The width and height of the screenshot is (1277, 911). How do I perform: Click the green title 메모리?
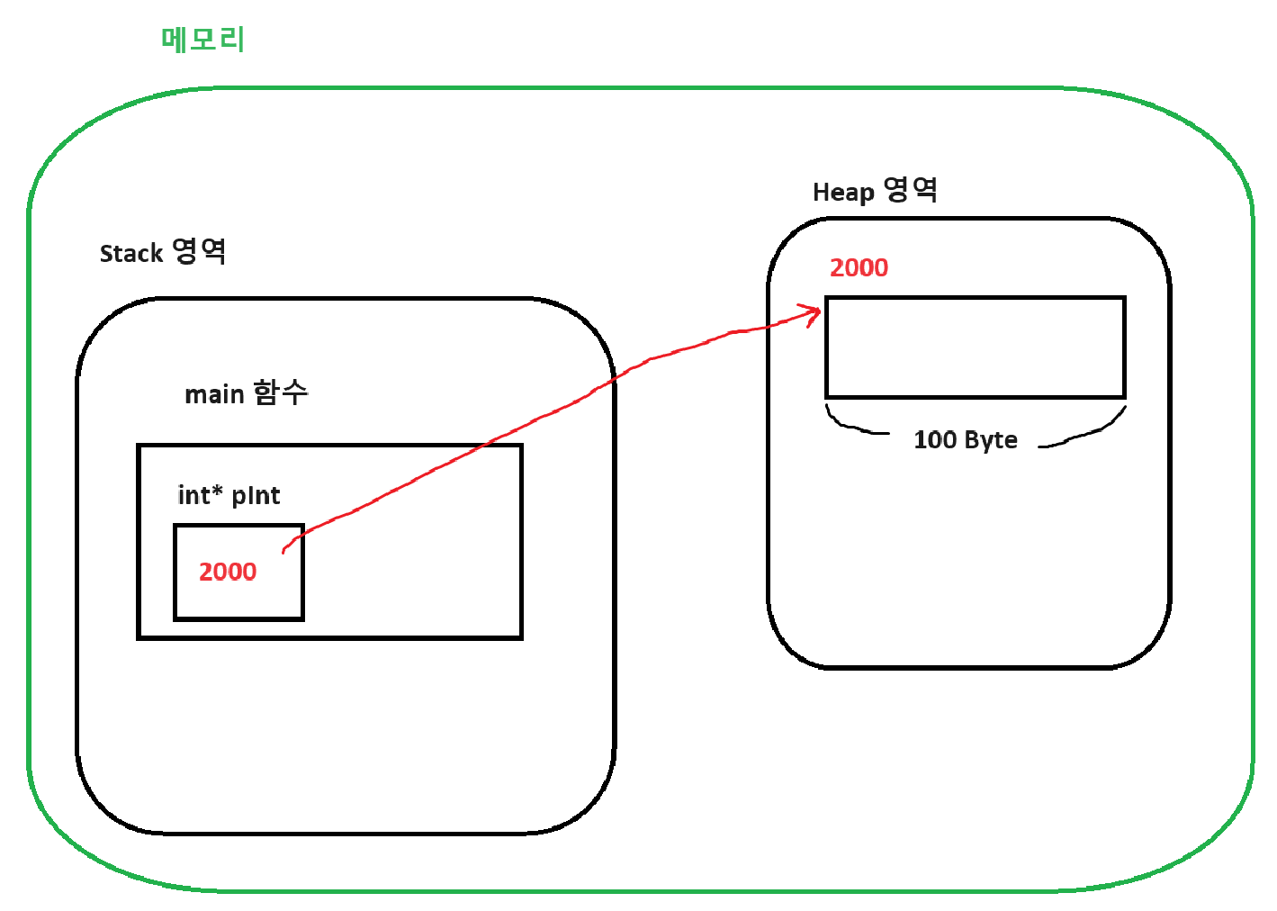click(x=202, y=40)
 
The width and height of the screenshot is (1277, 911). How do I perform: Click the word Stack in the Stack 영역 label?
click(x=130, y=254)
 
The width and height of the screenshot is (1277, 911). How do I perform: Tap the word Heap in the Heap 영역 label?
click(x=843, y=193)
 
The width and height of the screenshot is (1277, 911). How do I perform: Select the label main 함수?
click(x=246, y=393)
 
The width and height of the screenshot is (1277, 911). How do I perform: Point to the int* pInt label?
click(x=229, y=495)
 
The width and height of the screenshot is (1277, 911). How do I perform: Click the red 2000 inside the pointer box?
click(x=228, y=572)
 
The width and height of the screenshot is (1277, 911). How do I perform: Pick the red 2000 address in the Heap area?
click(x=859, y=267)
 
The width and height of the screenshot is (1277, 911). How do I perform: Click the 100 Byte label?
click(x=966, y=440)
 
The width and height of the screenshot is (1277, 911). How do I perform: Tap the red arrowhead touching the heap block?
click(x=814, y=314)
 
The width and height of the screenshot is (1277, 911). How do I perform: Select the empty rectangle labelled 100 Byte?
click(x=976, y=347)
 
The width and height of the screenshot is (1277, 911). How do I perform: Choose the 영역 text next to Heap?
click(x=911, y=190)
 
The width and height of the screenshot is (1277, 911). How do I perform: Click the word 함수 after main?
click(x=281, y=392)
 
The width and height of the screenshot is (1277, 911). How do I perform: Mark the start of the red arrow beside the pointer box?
click(x=284, y=550)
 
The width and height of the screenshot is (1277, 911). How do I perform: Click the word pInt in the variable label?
click(x=256, y=496)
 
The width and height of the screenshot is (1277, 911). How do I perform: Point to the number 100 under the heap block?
click(x=935, y=440)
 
